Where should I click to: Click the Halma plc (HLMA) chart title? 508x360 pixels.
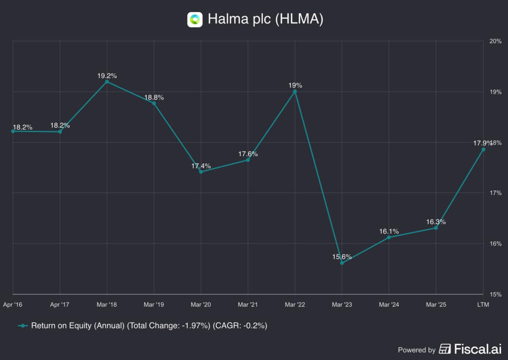[265, 19]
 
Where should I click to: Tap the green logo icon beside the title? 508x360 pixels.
[195, 19]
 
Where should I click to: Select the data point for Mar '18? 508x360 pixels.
[107, 82]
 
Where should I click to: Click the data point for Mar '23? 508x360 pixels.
[342, 263]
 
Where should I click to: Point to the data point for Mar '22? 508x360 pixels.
[295, 91]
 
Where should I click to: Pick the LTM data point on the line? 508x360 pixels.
[483, 149]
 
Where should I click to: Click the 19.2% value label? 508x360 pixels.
[107, 76]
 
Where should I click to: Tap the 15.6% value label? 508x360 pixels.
[342, 257]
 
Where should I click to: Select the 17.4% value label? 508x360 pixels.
[201, 166]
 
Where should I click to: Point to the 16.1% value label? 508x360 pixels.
[389, 231]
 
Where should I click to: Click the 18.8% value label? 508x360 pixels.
[154, 97]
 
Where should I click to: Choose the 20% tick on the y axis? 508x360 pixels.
[496, 41]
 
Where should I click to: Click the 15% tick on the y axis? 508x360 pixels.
[496, 294]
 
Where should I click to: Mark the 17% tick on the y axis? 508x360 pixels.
[496, 193]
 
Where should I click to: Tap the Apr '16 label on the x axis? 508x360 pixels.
[13, 305]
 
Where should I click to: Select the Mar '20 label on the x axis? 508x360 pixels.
[201, 305]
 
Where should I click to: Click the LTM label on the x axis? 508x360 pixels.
[483, 305]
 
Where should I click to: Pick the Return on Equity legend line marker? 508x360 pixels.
[23, 326]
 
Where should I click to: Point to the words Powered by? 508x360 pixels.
[417, 350]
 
